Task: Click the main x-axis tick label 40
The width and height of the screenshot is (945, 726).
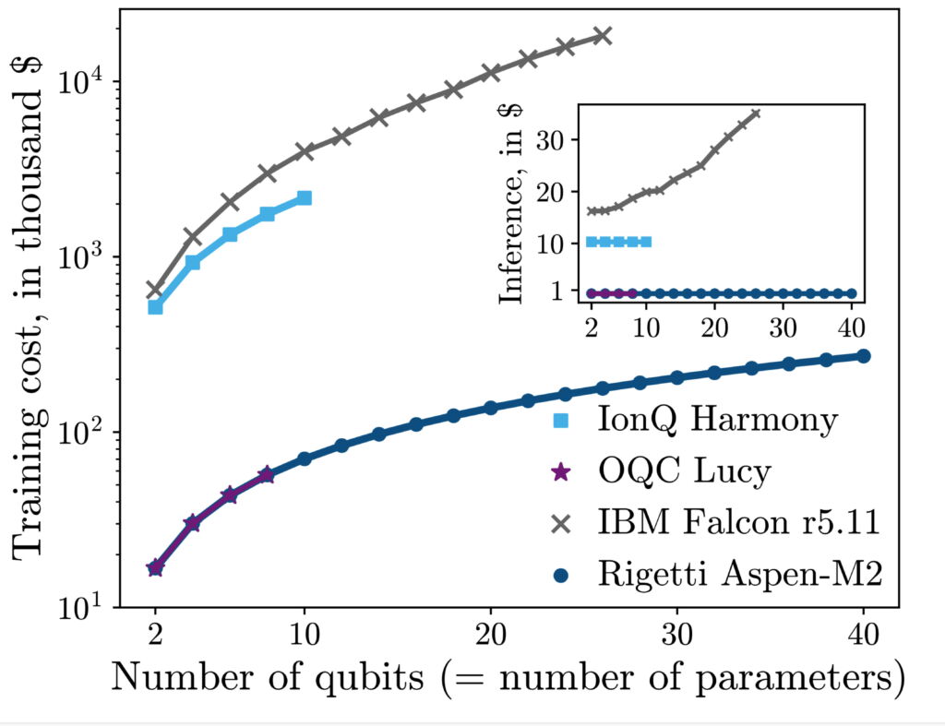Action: pos(863,637)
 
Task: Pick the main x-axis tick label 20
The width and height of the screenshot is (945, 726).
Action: pos(490,637)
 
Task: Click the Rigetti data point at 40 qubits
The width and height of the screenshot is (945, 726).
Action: pos(864,356)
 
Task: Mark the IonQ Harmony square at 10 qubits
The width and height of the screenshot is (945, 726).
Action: pos(305,198)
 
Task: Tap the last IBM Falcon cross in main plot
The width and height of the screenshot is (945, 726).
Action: pos(602,36)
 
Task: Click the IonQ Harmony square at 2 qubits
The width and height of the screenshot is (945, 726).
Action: pos(155,306)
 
